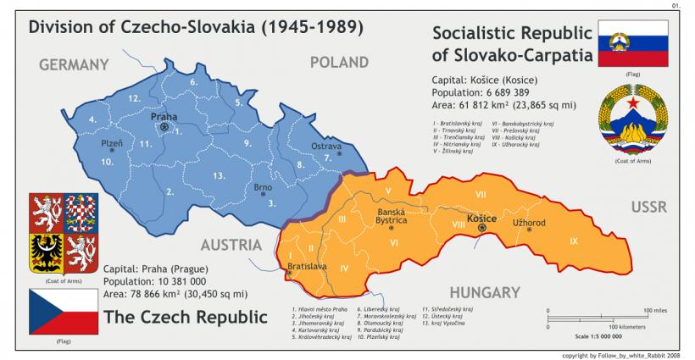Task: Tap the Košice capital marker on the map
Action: pos(482,228)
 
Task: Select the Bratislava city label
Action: pos(307,265)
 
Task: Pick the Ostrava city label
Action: pos(326,147)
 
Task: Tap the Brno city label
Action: pos(263,187)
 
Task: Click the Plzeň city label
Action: pos(112,143)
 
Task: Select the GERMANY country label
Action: pos(74,64)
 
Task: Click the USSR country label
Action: pos(649,207)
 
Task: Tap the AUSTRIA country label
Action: pos(231,245)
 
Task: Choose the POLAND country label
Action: pos(339,62)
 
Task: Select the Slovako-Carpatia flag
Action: pos(632,43)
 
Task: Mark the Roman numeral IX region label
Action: pos(574,241)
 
